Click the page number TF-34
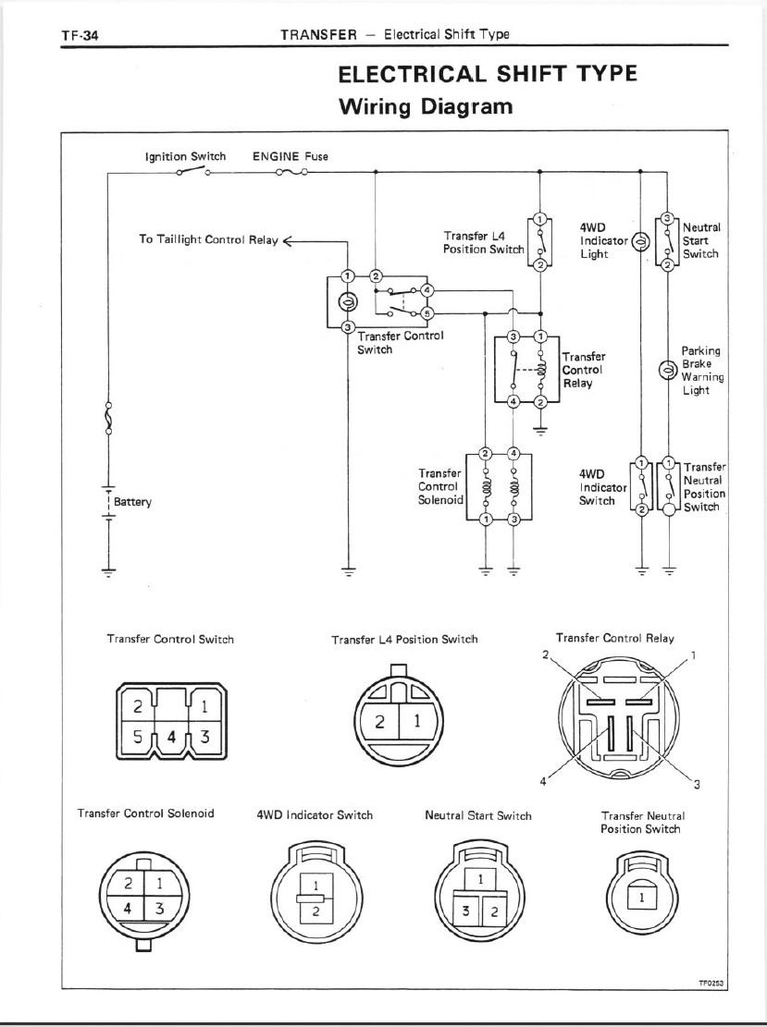pos(80,35)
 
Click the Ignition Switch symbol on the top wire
pos(192,172)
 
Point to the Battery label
pos(132,502)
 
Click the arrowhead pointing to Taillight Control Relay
pos(287,241)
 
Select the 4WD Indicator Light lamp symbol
pos(640,241)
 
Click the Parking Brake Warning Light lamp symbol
pos(667,370)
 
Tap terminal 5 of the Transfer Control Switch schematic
pos(427,313)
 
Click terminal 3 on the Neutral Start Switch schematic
pos(667,218)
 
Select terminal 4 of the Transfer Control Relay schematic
pos(513,401)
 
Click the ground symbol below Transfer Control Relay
pos(540,431)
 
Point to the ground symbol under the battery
pos(109,570)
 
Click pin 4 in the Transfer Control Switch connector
pos(172,737)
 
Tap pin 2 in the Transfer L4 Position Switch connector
pos(379,722)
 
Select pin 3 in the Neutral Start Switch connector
pos(465,911)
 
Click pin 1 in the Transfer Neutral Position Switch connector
pos(642,898)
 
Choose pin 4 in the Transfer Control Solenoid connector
pos(128,909)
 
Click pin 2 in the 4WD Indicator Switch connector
pos(315,911)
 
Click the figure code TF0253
pos(711,984)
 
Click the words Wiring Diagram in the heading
pos(426,106)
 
